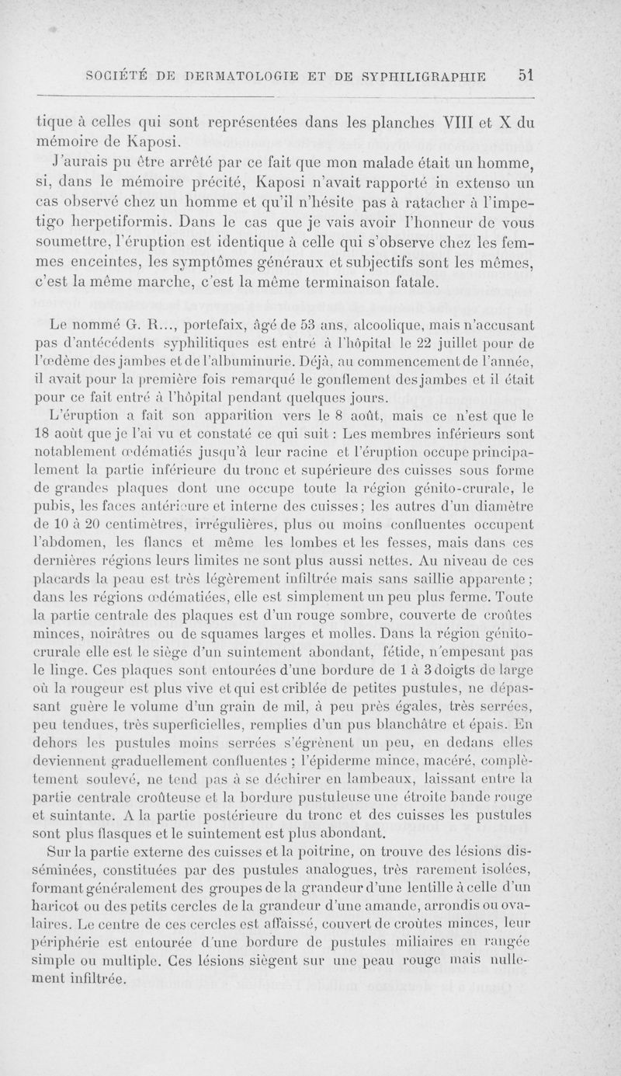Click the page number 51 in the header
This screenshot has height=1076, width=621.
(527, 75)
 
